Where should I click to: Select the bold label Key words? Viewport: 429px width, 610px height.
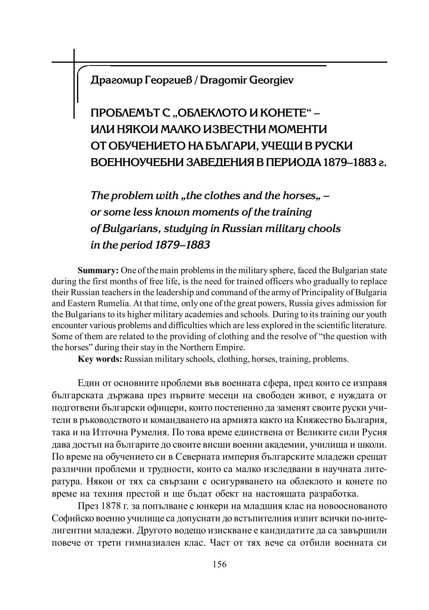click(100, 359)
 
